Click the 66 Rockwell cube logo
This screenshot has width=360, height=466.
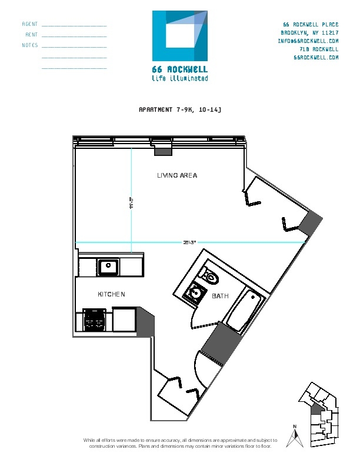(180, 35)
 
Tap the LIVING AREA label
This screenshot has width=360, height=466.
(177, 175)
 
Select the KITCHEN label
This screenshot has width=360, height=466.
(111, 294)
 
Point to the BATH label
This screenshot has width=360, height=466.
(221, 297)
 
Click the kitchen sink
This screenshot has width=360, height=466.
(108, 267)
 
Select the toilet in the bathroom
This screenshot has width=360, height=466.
(209, 275)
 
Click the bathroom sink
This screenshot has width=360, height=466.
(194, 292)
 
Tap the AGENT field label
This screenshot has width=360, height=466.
(29, 24)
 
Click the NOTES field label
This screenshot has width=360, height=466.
(29, 45)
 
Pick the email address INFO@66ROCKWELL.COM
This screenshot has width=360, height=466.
(308, 41)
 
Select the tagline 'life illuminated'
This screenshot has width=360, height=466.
(179, 78)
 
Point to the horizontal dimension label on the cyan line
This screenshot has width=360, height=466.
(189, 241)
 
